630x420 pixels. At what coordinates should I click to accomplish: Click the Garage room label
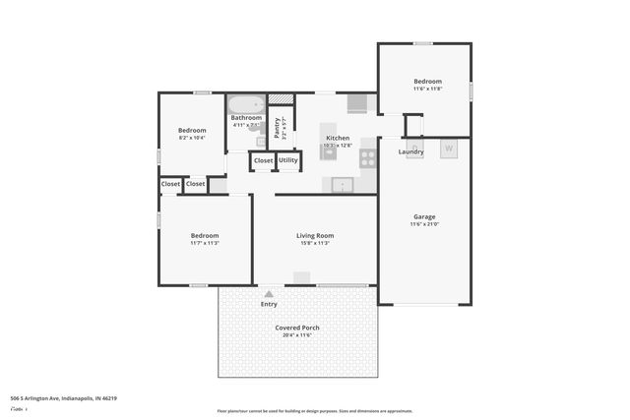424,216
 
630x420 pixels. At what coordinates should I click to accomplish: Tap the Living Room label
315,236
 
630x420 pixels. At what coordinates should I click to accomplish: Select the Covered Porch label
296,328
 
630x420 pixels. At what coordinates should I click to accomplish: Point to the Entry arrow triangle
269,293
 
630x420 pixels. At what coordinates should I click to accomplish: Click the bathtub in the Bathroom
246,103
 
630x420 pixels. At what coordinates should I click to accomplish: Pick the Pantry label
279,128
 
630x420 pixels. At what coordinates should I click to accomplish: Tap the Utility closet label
288,160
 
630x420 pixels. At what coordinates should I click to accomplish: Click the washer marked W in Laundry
449,150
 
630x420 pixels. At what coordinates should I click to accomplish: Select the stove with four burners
367,157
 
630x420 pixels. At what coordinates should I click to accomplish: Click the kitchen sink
342,184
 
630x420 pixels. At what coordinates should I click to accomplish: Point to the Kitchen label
338,139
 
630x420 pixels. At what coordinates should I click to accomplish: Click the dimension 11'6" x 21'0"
424,225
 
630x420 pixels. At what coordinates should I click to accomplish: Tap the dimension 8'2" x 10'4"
192,139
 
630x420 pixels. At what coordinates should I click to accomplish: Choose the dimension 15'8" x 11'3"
315,244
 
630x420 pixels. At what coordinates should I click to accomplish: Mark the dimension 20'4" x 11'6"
296,335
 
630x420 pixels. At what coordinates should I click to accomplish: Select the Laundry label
411,151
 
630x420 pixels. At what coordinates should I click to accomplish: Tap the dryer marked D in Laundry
415,148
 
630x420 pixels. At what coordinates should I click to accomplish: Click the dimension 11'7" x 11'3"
205,244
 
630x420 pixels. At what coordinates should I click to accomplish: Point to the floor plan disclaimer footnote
315,411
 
